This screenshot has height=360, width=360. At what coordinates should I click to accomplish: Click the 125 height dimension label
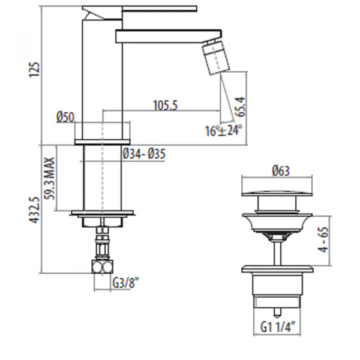point(34,70)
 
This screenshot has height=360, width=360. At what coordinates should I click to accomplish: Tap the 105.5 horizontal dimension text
point(166,105)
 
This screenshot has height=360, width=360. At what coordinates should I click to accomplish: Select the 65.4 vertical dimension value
point(241,107)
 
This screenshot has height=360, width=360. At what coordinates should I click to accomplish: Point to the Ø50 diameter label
point(65,117)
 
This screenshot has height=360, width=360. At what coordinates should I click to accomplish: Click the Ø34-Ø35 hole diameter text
point(144,154)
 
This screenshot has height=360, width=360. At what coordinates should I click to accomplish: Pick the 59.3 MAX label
point(49,178)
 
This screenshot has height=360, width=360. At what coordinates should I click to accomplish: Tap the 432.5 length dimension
point(34,210)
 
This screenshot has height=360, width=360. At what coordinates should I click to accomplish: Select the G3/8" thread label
point(126,283)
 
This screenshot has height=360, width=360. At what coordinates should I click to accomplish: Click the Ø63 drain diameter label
point(281,171)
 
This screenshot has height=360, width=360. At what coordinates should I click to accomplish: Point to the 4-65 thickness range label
point(324,239)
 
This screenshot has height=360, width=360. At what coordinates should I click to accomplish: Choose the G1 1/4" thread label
point(278,326)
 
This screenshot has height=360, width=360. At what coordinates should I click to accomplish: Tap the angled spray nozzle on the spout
point(216,58)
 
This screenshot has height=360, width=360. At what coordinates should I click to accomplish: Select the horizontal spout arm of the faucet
point(169,36)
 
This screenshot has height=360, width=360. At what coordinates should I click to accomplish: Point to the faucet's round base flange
point(102,142)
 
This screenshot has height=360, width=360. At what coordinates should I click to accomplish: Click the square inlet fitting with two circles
point(103,266)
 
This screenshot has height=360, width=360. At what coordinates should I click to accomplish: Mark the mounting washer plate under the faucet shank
point(103,213)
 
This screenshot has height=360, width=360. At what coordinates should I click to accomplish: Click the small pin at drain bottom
point(277,312)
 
